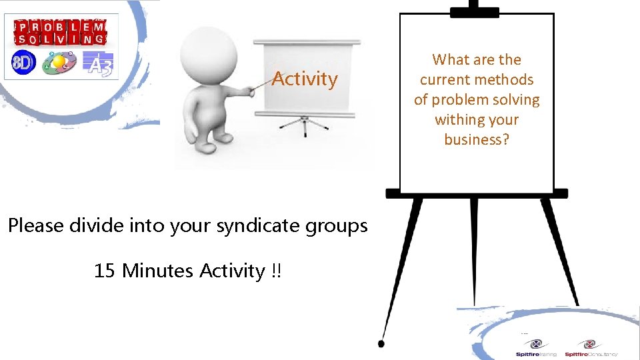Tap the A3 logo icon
[98, 63]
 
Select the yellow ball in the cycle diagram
[59, 62]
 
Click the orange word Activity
[305, 79]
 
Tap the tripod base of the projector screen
[305, 126]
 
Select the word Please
[36, 225]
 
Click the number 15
[105, 271]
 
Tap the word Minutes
[159, 271]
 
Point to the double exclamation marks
[276, 271]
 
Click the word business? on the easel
[477, 139]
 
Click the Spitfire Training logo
[536, 348]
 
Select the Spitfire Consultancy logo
[591, 348]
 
